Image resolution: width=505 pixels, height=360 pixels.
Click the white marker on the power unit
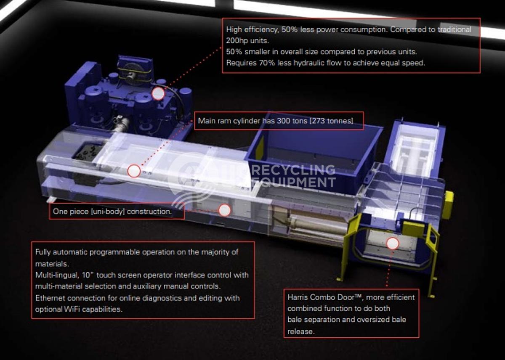click(x=158, y=94)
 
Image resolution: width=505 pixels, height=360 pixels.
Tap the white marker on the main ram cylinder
click(x=134, y=171)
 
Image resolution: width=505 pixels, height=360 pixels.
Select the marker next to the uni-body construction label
click(x=225, y=210)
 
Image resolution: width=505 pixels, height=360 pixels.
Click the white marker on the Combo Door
click(x=393, y=244)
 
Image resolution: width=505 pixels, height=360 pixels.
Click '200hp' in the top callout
click(x=236, y=40)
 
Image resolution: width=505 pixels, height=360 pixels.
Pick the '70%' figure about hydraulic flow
click(x=267, y=63)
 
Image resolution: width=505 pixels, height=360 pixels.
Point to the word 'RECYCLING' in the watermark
click(x=293, y=170)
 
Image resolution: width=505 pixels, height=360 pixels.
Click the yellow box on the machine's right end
click(x=448, y=205)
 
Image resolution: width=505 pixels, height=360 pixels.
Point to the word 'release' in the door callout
click(x=300, y=331)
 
